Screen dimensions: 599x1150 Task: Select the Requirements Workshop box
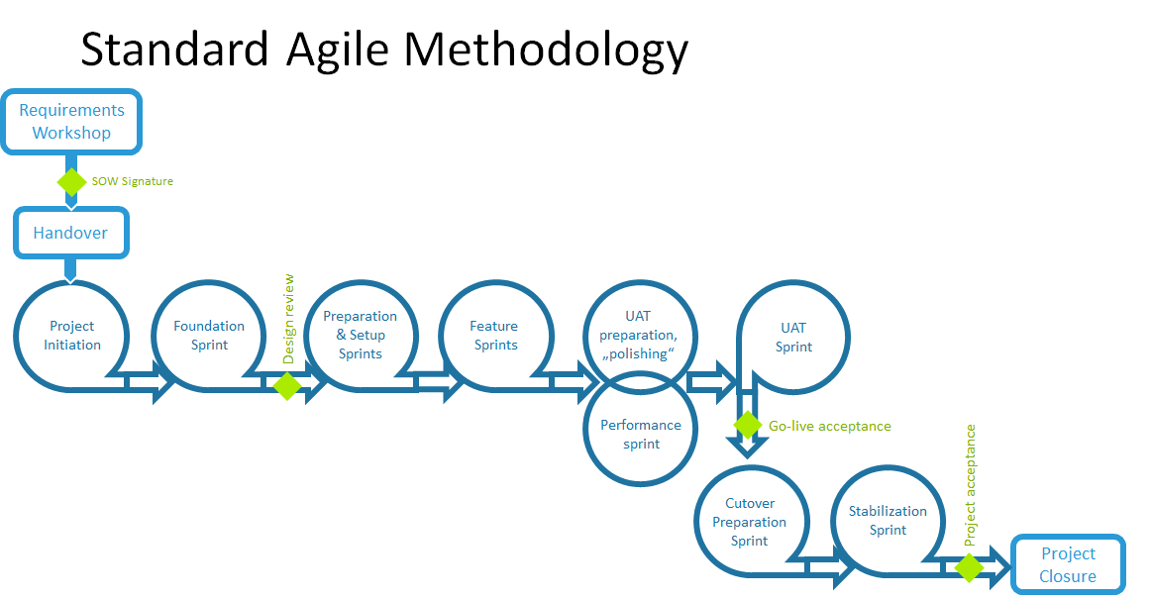[x=71, y=122]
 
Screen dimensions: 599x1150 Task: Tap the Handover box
[x=70, y=234]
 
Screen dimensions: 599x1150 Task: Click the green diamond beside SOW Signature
[x=71, y=181]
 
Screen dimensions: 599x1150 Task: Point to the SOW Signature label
[x=132, y=181]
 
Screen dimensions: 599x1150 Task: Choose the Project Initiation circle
[x=72, y=336]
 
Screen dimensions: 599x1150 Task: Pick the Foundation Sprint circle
[x=209, y=336]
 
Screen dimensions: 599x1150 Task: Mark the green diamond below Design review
[x=287, y=385]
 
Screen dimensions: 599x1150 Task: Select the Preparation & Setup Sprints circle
[x=361, y=335]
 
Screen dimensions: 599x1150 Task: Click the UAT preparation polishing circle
[x=640, y=335]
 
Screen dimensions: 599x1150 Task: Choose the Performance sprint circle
[x=641, y=434]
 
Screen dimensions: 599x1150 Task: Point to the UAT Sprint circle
[x=793, y=337]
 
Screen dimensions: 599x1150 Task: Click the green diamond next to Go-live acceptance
[x=748, y=426]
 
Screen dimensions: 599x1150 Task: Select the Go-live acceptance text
[x=830, y=427]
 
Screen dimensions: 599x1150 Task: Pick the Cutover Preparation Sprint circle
[x=750, y=522]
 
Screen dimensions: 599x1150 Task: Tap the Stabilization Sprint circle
[x=888, y=521]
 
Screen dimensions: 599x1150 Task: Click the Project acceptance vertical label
[x=970, y=485]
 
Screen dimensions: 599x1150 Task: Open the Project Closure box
[x=1068, y=565]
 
